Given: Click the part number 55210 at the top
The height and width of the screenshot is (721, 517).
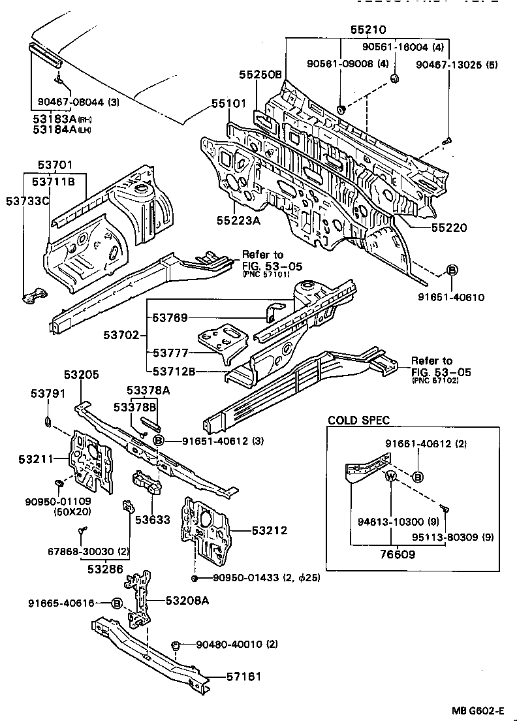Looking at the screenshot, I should point(368,29).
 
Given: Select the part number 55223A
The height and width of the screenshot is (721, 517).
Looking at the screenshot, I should point(240,221).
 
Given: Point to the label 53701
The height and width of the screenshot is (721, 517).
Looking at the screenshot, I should point(55,166).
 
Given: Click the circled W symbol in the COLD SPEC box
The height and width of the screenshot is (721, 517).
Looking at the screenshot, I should point(391,476).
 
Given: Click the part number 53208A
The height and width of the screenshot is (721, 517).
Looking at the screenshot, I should point(187,600).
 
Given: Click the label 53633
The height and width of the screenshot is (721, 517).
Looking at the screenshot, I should point(153,521).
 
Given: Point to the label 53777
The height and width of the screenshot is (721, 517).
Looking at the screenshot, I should point(171,353).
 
